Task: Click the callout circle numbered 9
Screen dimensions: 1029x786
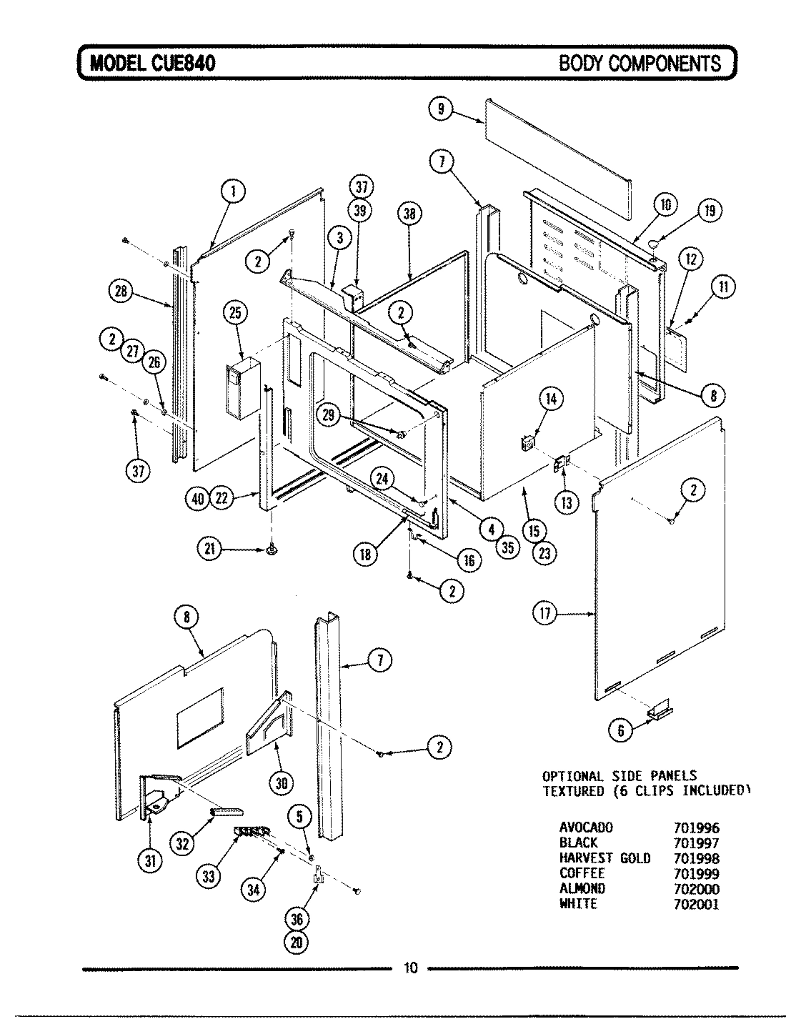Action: tap(441, 109)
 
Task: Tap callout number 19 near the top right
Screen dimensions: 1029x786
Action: tap(709, 210)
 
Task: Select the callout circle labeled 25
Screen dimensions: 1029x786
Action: tap(234, 312)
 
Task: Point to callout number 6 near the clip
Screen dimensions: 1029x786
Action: tap(621, 730)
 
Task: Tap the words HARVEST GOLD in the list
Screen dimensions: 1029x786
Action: tap(605, 858)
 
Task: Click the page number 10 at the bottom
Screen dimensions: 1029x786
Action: tap(410, 968)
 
